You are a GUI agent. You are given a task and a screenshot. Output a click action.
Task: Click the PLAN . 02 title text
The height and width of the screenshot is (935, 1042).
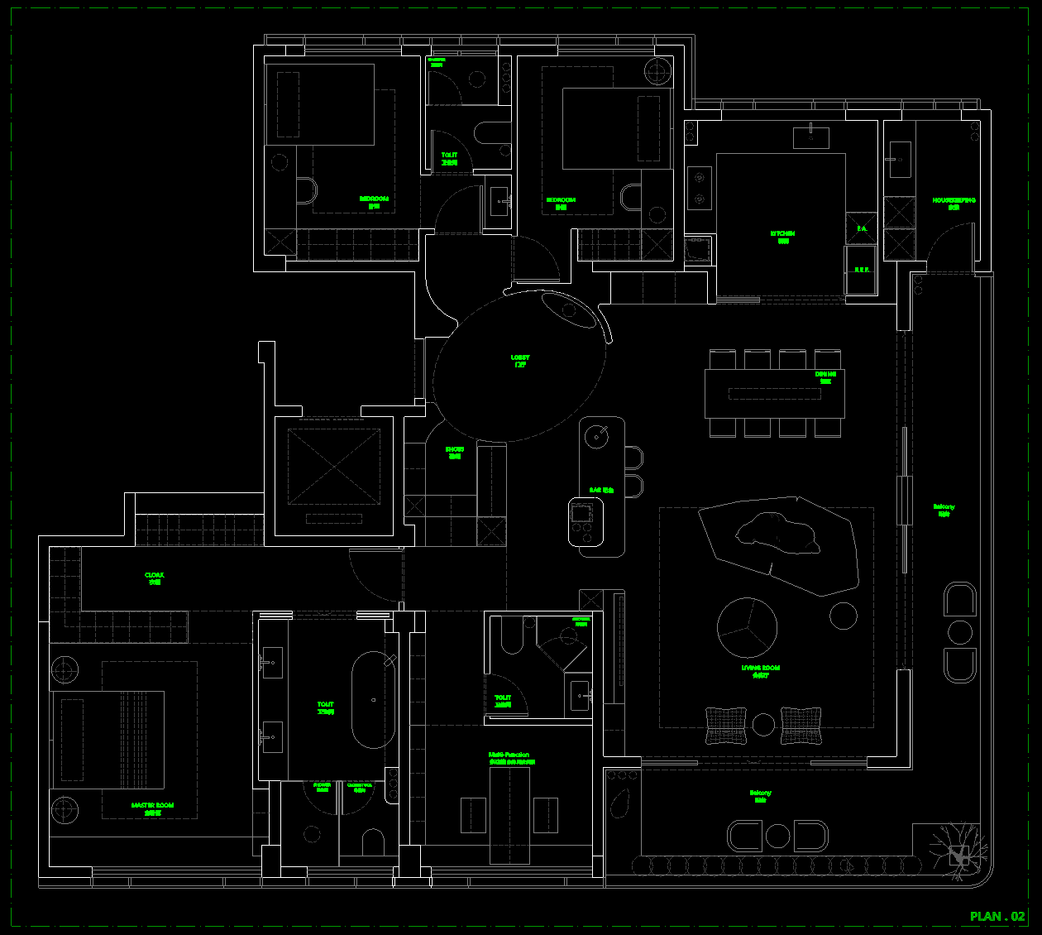coord(997,916)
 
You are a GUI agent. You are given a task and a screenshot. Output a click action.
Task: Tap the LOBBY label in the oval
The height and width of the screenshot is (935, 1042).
coord(520,361)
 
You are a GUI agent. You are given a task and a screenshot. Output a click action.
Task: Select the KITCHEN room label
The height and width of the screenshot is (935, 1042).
coord(782,237)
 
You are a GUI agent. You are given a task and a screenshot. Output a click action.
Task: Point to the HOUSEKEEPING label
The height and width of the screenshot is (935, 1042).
coord(954,203)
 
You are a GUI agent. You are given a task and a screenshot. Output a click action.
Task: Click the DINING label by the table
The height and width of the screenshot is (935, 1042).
coord(825,377)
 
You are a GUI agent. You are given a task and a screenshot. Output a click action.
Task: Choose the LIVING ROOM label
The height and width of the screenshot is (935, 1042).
coord(761,671)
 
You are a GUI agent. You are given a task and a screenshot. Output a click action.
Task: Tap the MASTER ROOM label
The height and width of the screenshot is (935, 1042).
coord(152,808)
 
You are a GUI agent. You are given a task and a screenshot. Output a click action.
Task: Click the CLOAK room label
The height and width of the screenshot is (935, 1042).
coord(155,578)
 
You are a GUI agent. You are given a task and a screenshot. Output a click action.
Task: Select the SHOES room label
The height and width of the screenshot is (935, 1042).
coord(455,453)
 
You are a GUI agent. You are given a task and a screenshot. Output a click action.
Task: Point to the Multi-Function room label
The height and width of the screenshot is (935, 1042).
coord(509,758)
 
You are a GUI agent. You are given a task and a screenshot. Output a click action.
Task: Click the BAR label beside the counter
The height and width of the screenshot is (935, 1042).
coord(601,491)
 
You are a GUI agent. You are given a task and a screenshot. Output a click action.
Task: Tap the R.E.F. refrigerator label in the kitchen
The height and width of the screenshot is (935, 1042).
coord(862,270)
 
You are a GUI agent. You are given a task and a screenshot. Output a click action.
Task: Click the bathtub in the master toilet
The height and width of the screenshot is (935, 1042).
coord(373,700)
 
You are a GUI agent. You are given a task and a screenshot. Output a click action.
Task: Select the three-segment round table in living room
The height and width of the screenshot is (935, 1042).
coord(747,627)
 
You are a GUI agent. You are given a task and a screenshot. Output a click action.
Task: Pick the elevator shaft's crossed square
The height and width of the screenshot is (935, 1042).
coord(332,467)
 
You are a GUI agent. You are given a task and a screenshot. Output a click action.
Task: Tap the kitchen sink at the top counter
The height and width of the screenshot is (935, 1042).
coord(811,137)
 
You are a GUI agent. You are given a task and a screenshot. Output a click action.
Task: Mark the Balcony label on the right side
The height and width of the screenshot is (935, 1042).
coord(944,510)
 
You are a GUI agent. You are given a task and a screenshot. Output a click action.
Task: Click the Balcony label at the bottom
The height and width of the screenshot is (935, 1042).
coord(760,796)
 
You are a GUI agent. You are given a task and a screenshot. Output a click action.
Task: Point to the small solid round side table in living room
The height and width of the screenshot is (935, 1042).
coord(843,616)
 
